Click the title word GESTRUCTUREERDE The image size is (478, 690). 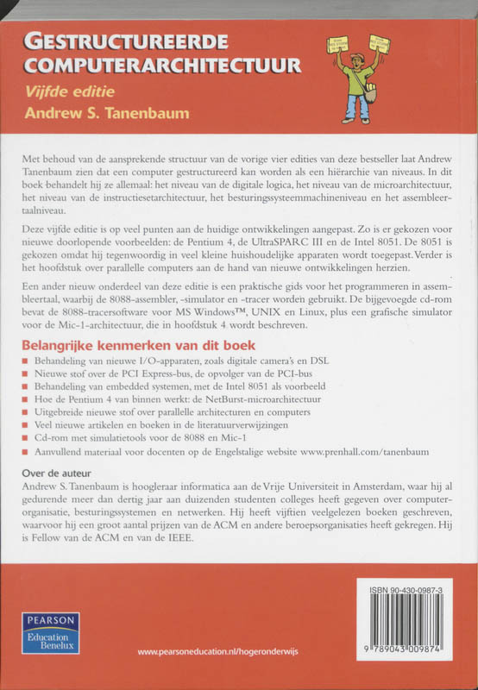tap(126, 41)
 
